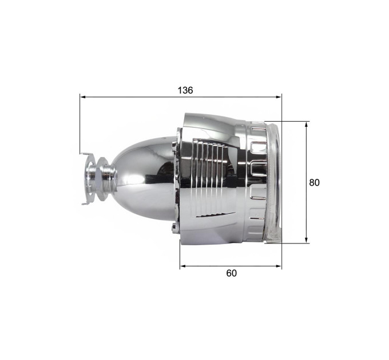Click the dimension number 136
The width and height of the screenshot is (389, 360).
pyautogui.click(x=185, y=90)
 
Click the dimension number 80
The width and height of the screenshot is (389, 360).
pyautogui.click(x=314, y=183)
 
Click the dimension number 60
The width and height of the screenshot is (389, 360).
pyautogui.click(x=232, y=273)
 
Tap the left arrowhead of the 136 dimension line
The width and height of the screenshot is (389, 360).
pyautogui.click(x=83, y=97)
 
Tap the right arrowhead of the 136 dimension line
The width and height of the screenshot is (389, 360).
pyautogui.click(x=279, y=97)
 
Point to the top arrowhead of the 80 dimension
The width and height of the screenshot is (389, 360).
pyautogui.click(x=307, y=125)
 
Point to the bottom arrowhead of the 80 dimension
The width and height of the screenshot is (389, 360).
pyautogui.click(x=307, y=240)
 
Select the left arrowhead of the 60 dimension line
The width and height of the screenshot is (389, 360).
pyautogui.click(x=183, y=266)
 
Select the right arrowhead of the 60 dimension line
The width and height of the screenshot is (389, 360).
pyautogui.click(x=279, y=266)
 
